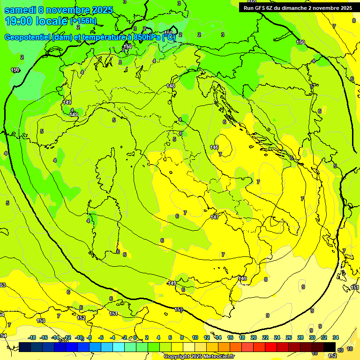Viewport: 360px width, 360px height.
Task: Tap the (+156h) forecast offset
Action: [83, 21]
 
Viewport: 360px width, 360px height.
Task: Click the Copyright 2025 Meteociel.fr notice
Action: [199, 356]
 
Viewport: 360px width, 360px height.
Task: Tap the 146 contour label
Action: [214, 147]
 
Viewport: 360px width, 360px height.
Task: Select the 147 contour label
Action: [215, 217]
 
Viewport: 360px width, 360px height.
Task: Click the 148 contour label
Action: [171, 86]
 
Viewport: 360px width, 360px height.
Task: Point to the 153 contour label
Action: [41, 321]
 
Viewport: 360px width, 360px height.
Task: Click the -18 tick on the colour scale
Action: [32, 337]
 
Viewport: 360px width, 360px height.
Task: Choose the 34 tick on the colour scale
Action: [336, 337]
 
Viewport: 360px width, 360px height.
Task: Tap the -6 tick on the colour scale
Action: [101, 337]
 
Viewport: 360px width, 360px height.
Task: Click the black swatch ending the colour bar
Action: [330, 346]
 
